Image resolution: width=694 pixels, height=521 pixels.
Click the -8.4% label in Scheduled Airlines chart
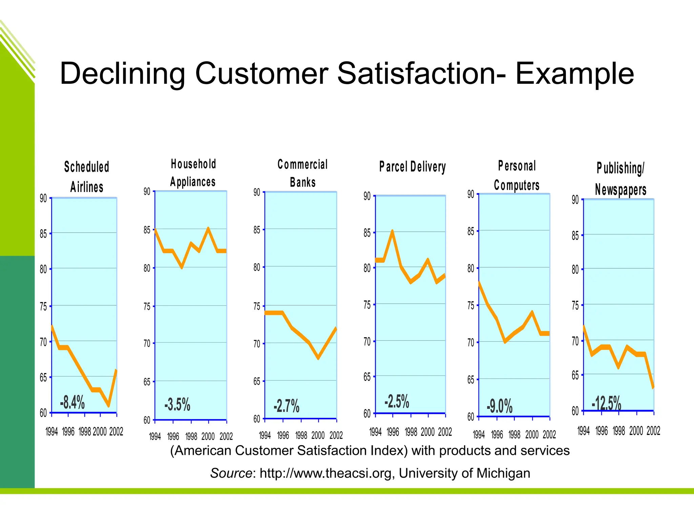tap(72, 403)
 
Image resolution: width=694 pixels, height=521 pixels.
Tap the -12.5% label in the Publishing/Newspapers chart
tap(606, 403)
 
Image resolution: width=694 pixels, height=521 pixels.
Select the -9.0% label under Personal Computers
tap(499, 406)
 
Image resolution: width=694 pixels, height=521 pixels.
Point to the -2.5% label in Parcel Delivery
tap(397, 402)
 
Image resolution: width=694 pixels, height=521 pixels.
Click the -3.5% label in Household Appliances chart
tap(177, 405)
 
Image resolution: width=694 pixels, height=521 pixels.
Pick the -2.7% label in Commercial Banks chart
tap(286, 406)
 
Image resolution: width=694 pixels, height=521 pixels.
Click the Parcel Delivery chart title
tap(412, 167)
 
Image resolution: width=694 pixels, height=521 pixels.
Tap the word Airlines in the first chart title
tap(87, 187)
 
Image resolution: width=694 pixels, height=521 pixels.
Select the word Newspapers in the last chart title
tap(620, 190)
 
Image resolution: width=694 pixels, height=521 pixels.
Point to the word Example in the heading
tap(574, 74)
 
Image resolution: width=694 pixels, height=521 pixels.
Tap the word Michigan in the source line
tap(503, 473)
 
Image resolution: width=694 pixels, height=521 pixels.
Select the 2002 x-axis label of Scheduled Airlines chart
tap(116, 432)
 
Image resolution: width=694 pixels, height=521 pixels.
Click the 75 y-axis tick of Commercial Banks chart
tap(257, 307)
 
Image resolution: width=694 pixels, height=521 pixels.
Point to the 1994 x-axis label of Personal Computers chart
tap(479, 435)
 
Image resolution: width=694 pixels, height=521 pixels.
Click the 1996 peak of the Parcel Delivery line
tap(392, 231)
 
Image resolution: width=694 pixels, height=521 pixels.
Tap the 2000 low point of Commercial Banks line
tap(318, 358)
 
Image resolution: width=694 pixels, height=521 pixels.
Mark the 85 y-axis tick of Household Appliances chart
tap(147, 230)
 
